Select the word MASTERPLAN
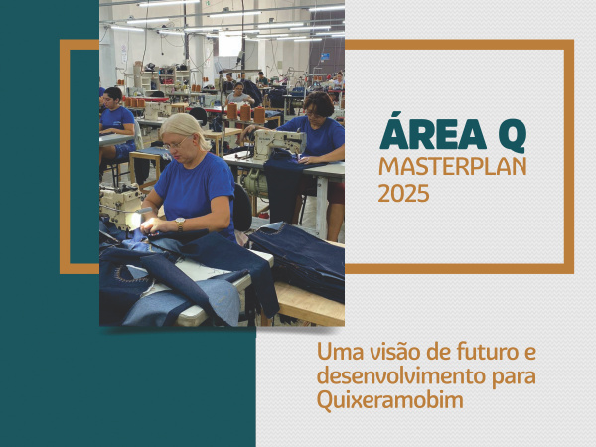point(453,166)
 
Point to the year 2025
point(403,193)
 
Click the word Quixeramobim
point(390,400)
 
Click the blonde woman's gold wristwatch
point(180,223)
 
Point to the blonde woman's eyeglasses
point(176,144)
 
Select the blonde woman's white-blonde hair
point(185,129)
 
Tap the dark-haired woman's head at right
point(318,105)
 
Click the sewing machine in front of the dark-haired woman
point(278,143)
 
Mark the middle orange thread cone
point(245,112)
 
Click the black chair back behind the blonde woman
point(242,208)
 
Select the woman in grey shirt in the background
point(239,95)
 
